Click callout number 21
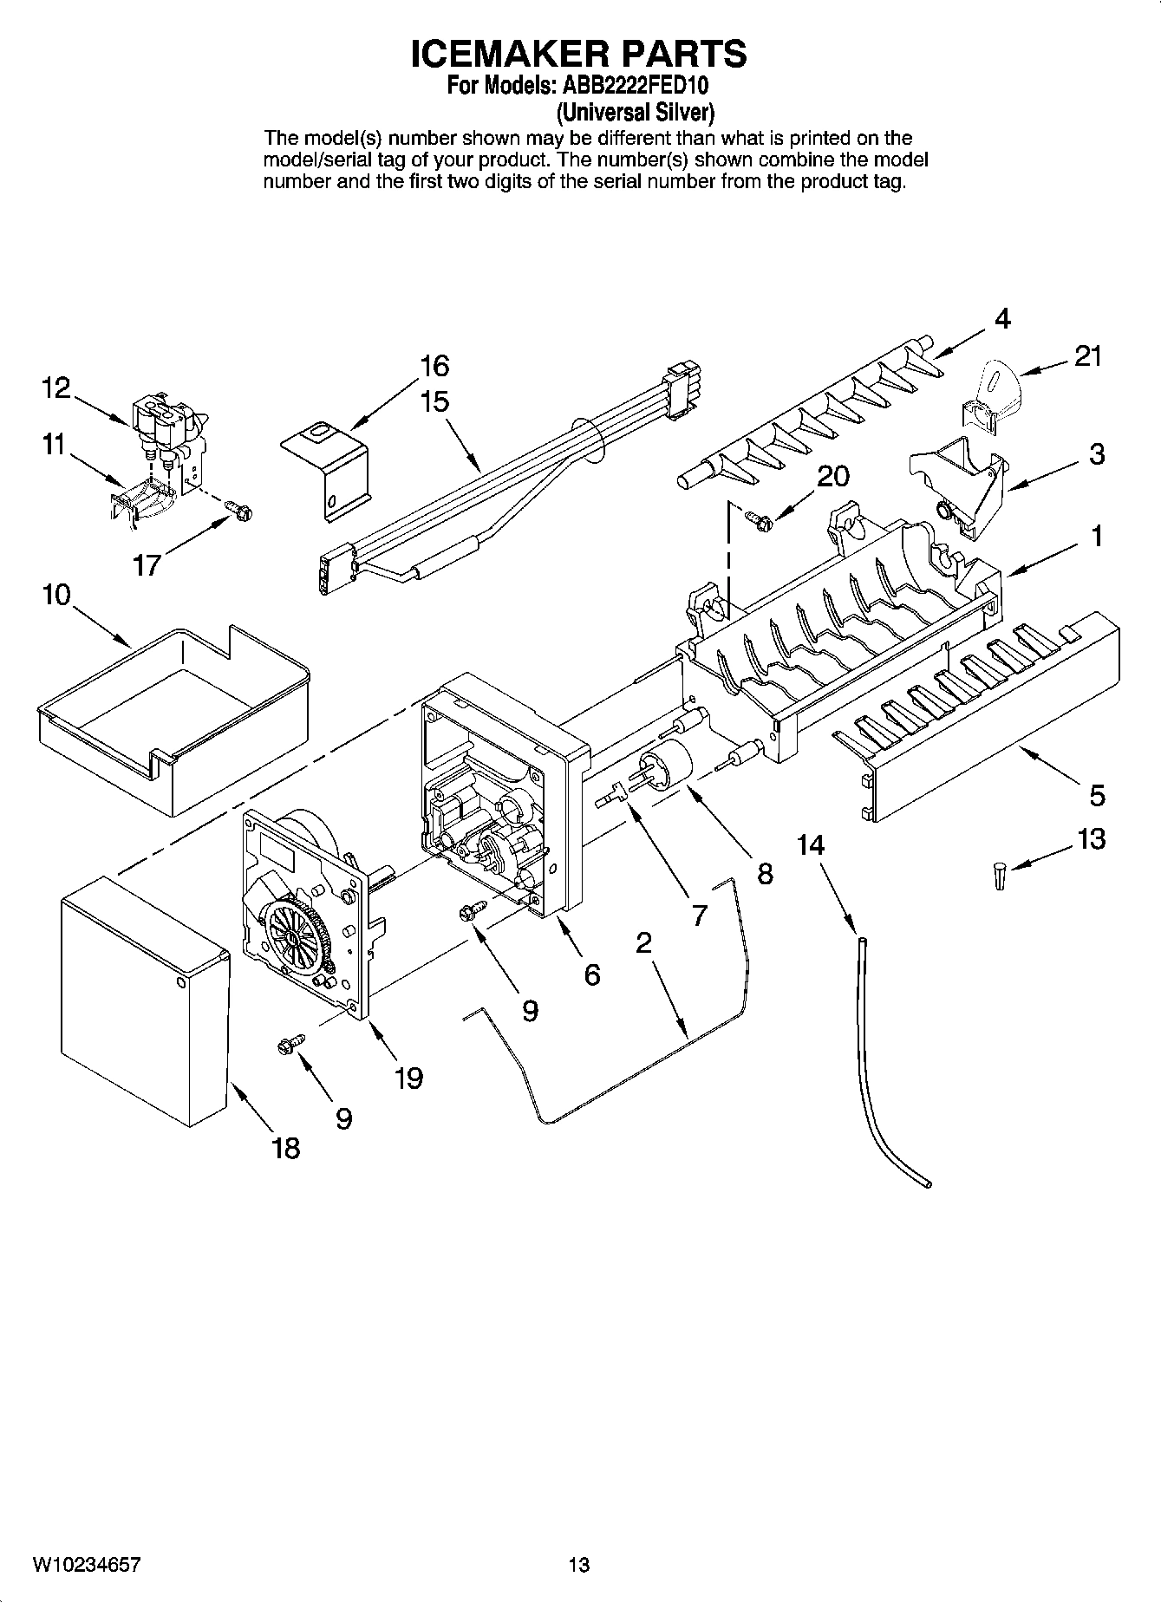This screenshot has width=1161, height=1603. (x=1087, y=355)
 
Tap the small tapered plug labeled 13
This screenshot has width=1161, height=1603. (x=1000, y=876)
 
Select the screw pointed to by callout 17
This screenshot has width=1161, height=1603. (x=239, y=512)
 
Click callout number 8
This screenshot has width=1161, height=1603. (x=765, y=873)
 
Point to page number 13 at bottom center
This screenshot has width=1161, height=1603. (x=579, y=1565)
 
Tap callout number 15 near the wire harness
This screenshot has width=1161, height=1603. (x=434, y=402)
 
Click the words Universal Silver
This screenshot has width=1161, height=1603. (x=635, y=112)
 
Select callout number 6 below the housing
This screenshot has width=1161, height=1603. (x=591, y=974)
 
